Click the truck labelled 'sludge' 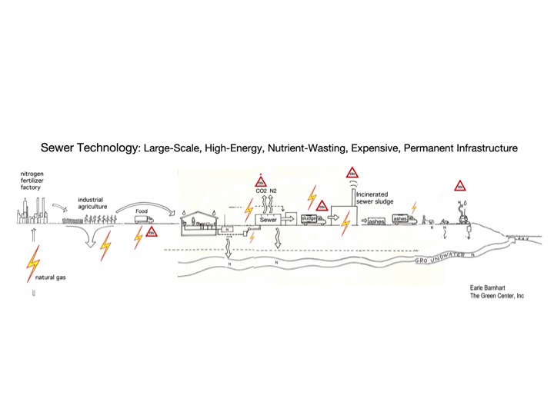(309, 218)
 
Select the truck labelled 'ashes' (404, 220)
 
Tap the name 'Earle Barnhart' (491, 287)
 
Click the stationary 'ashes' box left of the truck (375, 221)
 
